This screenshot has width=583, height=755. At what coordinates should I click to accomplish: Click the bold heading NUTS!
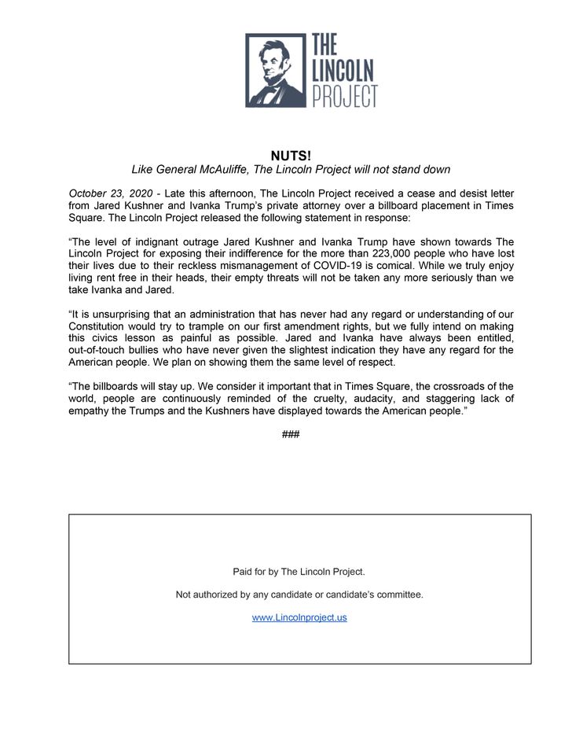click(291, 156)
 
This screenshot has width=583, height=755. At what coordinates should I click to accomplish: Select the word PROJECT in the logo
click(345, 95)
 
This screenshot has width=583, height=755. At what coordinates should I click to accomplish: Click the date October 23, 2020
click(111, 193)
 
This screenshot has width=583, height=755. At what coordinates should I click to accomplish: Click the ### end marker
click(291, 434)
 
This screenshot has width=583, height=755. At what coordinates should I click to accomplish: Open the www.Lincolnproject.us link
click(299, 618)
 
